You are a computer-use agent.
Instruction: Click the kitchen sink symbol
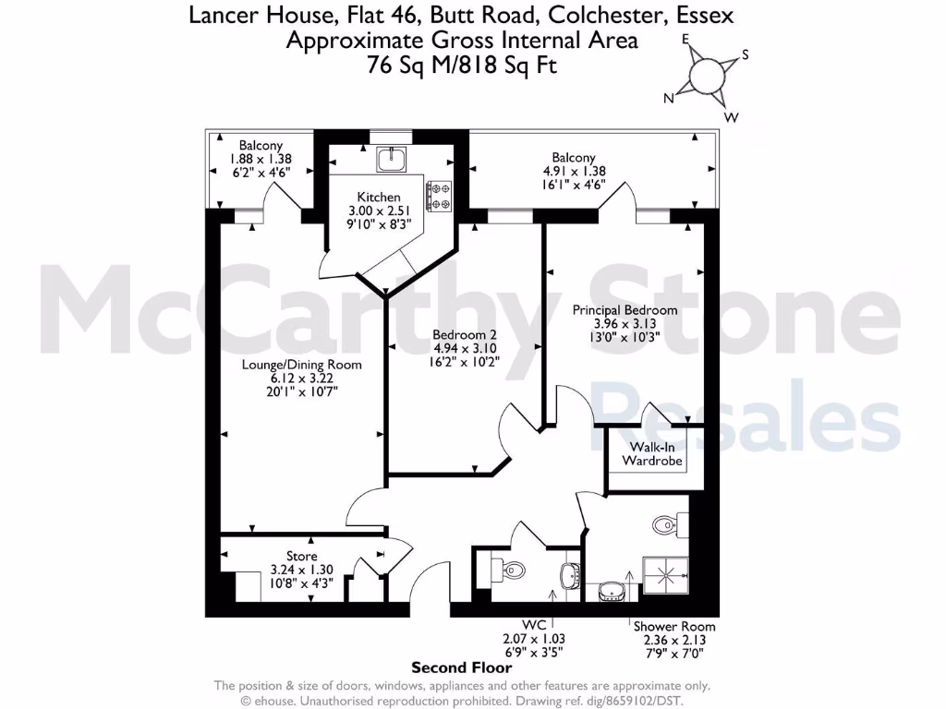[391, 160]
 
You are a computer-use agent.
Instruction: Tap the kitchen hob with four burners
[438, 195]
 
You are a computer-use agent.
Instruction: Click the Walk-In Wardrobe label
[651, 452]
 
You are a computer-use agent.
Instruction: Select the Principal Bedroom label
[625, 310]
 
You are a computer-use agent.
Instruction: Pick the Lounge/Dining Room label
[301, 365]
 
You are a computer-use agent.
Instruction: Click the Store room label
[301, 557]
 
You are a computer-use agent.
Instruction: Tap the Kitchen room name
[379, 198]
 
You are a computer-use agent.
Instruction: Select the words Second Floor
[461, 667]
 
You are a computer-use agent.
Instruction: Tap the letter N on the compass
[668, 98]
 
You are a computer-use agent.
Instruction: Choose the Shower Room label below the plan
[673, 626]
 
